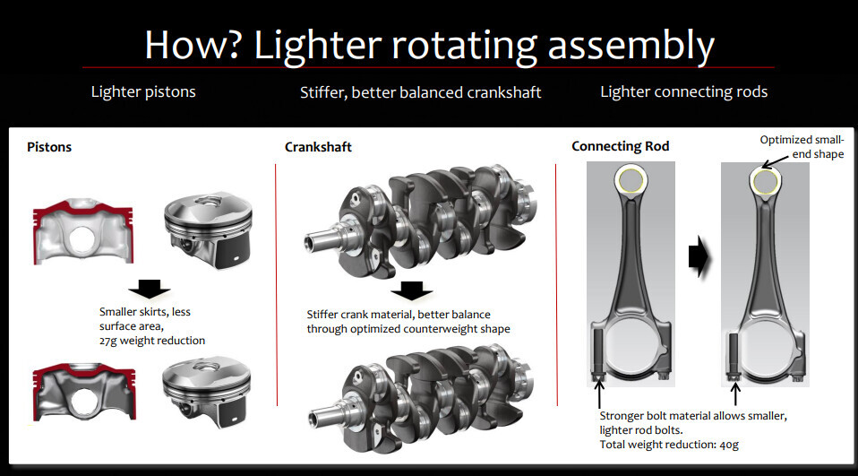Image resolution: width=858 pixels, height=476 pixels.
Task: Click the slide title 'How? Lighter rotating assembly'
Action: pyautogui.click(x=429, y=44)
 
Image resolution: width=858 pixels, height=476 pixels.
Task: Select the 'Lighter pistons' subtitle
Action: pyautogui.click(x=143, y=91)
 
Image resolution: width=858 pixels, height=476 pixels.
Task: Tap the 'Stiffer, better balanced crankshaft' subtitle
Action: pyautogui.click(x=420, y=92)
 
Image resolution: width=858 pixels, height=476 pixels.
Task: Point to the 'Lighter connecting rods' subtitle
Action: pyautogui.click(x=683, y=91)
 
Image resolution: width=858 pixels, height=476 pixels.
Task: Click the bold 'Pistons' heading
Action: pyautogui.click(x=49, y=146)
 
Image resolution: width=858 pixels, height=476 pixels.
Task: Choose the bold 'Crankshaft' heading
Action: pyautogui.click(x=318, y=146)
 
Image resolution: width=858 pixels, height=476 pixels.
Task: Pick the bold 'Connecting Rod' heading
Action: pyautogui.click(x=620, y=146)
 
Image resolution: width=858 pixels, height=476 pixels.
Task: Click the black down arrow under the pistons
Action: pyautogui.click(x=150, y=288)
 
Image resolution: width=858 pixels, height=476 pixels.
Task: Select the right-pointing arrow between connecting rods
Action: pyautogui.click(x=699, y=256)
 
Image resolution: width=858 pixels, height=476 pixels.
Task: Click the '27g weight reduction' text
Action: pyautogui.click(x=152, y=341)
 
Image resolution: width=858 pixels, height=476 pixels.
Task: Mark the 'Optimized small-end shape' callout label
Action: pyautogui.click(x=802, y=146)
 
